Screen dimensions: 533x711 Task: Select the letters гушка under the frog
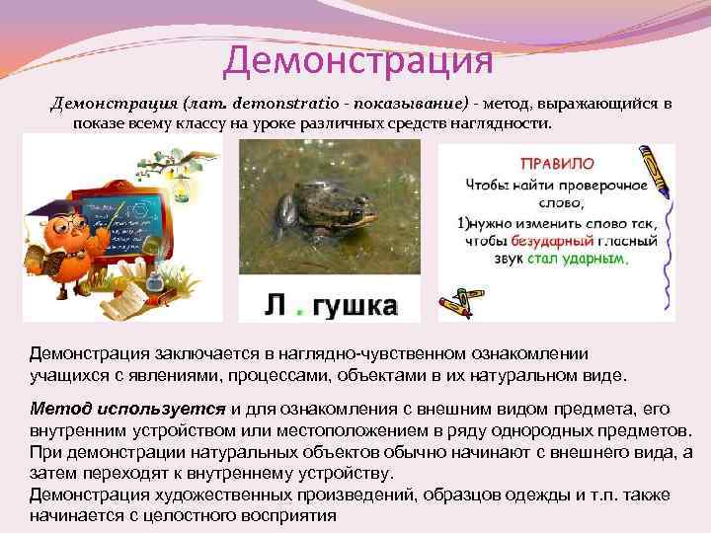click(x=355, y=307)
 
